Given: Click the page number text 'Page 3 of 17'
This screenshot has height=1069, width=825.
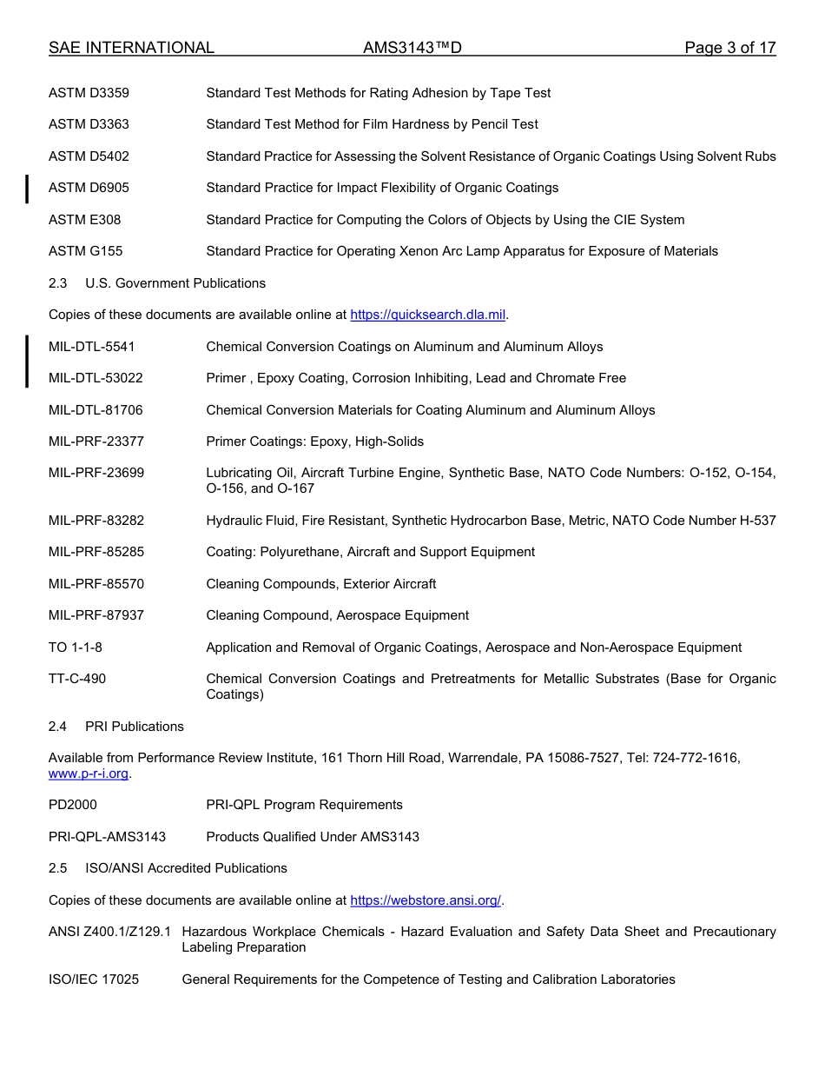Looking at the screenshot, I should click(729, 48).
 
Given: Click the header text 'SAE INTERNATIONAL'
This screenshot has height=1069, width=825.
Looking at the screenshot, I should click(131, 48).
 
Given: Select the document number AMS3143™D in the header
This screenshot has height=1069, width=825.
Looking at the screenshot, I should click(412, 48).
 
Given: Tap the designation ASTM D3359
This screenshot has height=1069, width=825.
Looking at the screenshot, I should click(89, 93).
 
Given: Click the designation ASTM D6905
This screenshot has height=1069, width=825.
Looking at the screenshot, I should click(89, 188).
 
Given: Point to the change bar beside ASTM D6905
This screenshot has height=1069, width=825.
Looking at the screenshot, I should click(27, 189).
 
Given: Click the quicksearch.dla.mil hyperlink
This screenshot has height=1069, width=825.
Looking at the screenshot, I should click(427, 315).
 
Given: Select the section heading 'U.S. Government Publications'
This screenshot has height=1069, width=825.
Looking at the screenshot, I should click(175, 283).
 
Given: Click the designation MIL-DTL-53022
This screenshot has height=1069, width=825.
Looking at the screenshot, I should click(96, 378).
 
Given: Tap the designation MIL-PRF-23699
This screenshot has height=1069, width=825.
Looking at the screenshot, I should click(96, 473).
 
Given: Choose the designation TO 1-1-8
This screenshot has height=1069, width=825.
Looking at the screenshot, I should click(76, 647).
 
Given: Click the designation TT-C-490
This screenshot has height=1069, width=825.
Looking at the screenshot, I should click(77, 679).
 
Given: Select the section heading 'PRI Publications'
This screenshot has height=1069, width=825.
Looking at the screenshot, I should click(135, 727).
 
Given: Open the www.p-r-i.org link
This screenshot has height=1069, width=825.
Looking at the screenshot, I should click(89, 774).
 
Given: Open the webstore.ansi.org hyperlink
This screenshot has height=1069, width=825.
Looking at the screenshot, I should click(426, 900).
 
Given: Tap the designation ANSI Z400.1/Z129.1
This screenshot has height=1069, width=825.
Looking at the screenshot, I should click(109, 932).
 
